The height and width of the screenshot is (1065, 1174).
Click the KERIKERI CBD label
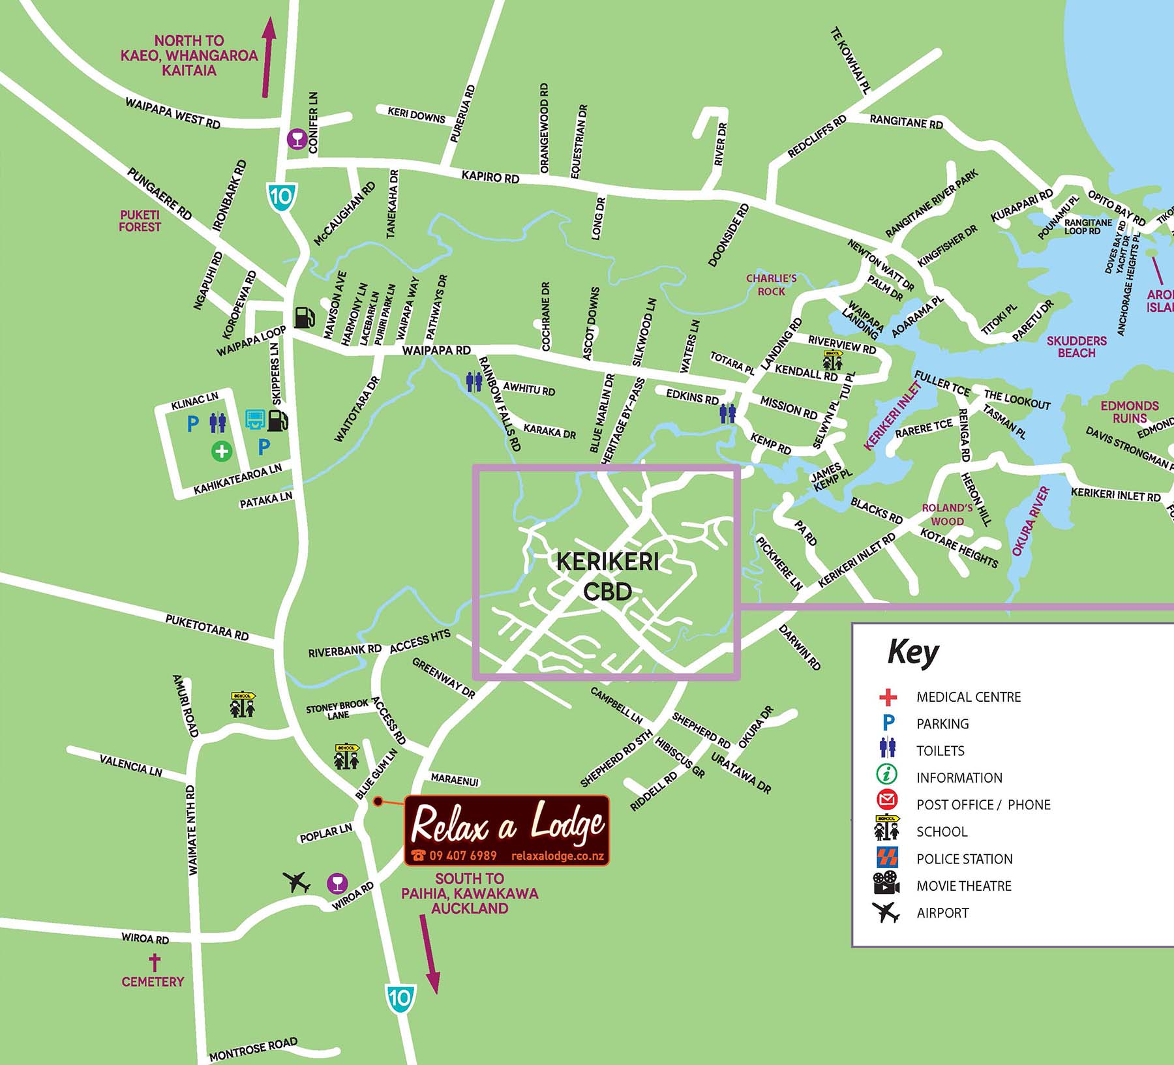tap(607, 577)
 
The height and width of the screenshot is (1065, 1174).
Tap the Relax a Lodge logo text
tap(507, 825)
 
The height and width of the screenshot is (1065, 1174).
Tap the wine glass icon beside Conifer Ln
tap(297, 139)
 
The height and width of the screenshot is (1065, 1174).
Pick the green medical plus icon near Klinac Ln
tap(222, 451)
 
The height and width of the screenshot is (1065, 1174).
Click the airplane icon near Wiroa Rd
tap(297, 882)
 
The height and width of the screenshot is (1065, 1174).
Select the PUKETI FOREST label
tap(140, 220)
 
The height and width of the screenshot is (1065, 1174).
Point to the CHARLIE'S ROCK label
tap(772, 285)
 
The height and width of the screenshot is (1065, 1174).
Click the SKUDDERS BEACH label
tap(1076, 346)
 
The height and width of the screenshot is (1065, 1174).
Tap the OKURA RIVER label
tap(1031, 521)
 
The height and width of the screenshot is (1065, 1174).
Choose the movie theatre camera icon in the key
tap(886, 884)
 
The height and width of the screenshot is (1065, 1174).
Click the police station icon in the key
tap(887, 858)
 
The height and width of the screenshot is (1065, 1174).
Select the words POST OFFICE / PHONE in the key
tap(983, 805)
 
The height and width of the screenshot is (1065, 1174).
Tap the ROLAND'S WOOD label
tap(947, 514)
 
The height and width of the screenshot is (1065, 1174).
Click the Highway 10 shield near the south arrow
tap(399, 997)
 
